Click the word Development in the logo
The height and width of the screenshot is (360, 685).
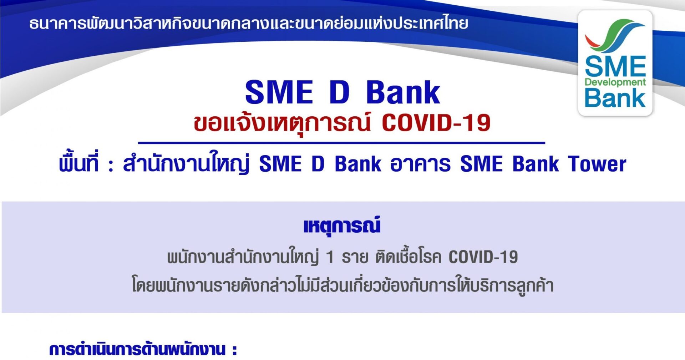[615, 82]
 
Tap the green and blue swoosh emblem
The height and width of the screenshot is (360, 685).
[615, 36]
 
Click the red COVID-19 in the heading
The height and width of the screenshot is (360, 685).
[436, 123]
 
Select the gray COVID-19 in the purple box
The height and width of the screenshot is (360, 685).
[483, 257]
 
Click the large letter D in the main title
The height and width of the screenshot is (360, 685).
[339, 92]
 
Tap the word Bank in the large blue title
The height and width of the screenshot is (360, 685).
[403, 92]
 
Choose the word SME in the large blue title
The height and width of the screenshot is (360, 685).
[279, 92]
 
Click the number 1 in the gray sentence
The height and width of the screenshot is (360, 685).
[330, 257]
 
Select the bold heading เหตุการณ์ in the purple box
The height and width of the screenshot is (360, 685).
[342, 226]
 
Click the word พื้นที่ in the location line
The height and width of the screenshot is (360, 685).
[78, 163]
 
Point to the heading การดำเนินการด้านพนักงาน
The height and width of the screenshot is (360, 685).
[138, 350]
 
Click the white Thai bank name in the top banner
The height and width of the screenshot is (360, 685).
[249, 23]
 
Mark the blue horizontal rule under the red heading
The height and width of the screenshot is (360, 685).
[341, 143]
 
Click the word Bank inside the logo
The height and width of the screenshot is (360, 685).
[615, 98]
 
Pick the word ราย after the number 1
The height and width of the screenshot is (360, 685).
[355, 257]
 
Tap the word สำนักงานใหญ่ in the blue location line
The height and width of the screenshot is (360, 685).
[186, 163]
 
